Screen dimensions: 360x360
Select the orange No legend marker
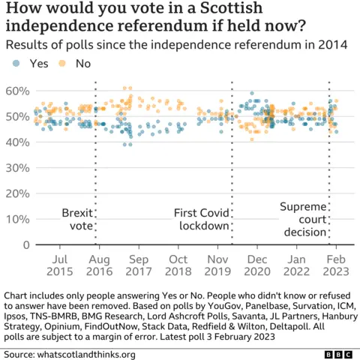pyautogui.click(x=65, y=64)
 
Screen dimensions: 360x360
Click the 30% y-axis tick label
pyautogui.click(x=16, y=168)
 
